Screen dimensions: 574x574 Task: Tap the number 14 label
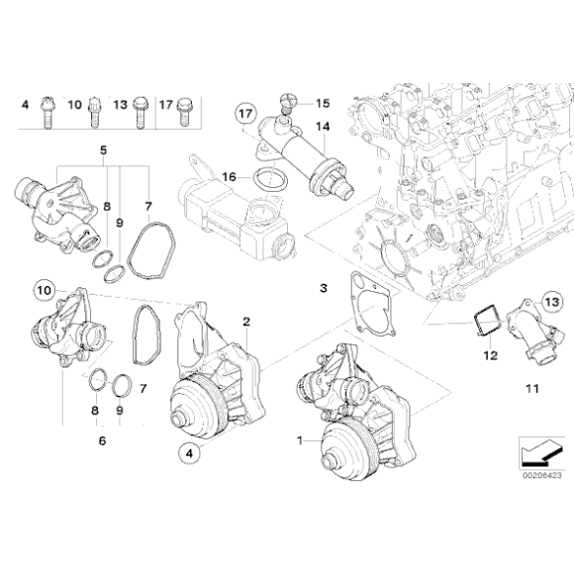[322, 127]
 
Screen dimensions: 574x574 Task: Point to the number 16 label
[229, 176]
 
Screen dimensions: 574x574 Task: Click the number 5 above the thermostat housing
[102, 151]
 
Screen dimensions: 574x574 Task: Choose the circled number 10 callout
[43, 290]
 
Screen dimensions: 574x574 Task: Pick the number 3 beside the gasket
[322, 288]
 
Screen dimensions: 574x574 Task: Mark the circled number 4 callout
[188, 453]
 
